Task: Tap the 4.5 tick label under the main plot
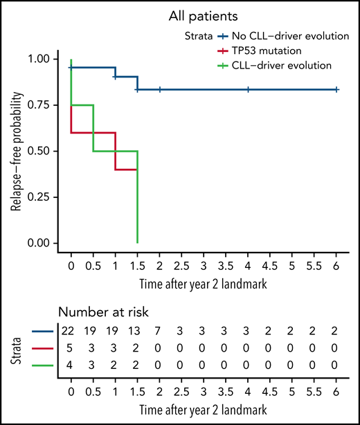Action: (269, 265)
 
